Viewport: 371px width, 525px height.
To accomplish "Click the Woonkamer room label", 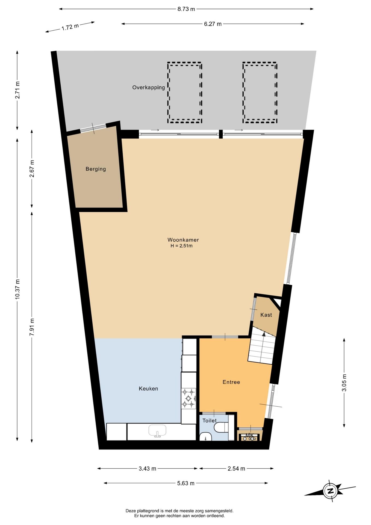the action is tap(183, 240).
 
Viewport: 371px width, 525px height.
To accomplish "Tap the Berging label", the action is tap(96, 169).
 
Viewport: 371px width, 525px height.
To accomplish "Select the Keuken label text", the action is tap(148, 389).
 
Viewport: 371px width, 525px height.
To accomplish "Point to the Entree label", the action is tap(231, 382).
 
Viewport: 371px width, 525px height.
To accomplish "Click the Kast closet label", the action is tap(266, 315).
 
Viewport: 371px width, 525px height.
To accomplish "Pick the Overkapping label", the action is tap(149, 87).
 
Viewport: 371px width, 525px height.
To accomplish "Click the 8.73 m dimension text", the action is tap(186, 9).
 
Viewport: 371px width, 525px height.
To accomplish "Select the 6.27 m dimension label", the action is tap(213, 24).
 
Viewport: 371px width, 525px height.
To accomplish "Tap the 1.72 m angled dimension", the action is tap(70, 27).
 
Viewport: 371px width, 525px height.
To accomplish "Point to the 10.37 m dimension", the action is tap(17, 289).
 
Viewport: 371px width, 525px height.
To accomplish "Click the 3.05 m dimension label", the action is tap(344, 383).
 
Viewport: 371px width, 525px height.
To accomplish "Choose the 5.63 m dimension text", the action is tap(186, 483).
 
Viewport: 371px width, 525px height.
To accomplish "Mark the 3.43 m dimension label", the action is tap(148, 468).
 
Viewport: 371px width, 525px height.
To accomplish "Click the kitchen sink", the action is tap(157, 431).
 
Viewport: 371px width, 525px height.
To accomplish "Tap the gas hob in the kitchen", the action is tap(189, 398).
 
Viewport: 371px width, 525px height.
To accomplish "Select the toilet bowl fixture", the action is tap(221, 427).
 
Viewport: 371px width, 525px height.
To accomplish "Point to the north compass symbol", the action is tap(330, 491).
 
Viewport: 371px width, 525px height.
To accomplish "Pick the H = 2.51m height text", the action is tap(182, 246).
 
